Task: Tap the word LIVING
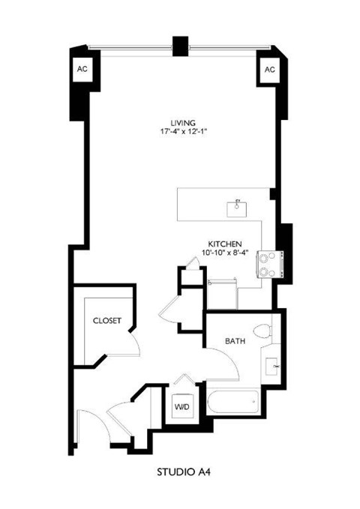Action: pos(183,122)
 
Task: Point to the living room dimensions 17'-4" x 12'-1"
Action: pos(183,132)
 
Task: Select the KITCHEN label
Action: pos(223,244)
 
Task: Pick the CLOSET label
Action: pos(107,320)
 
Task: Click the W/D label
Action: pos(181,408)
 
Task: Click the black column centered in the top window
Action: pos(179,45)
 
